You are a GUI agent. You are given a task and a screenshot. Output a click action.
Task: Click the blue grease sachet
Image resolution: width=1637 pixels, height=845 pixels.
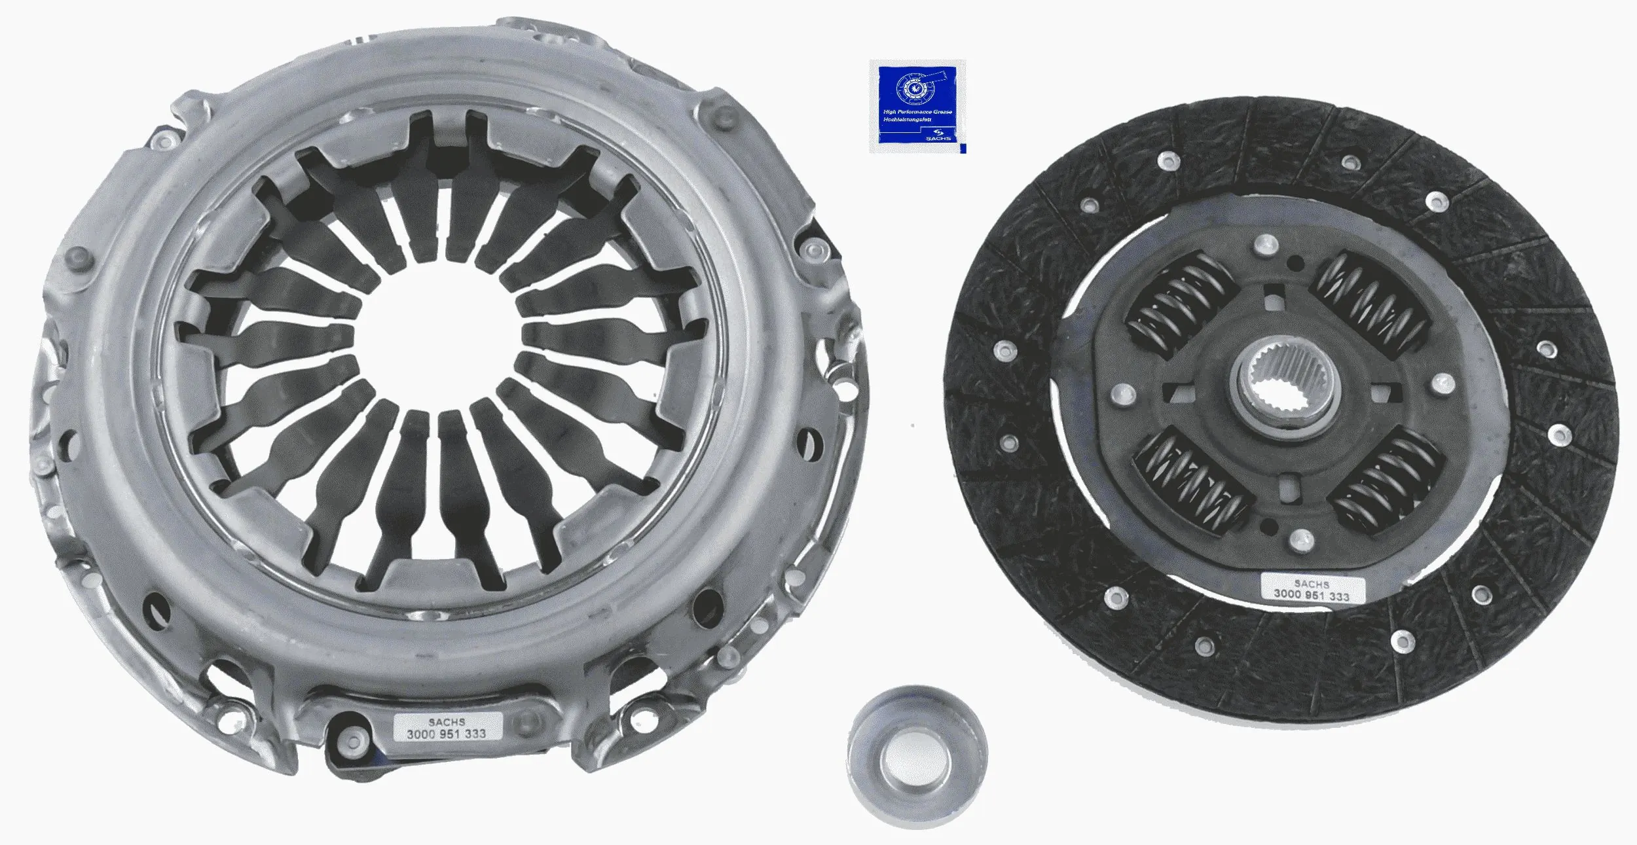(917, 106)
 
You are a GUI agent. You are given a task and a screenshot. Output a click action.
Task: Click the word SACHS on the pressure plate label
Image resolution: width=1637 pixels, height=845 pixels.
(447, 722)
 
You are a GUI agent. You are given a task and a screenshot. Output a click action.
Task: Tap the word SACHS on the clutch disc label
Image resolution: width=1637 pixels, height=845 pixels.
(1312, 583)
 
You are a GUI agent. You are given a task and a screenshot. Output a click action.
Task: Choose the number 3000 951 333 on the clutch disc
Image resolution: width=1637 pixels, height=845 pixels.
(1312, 596)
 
